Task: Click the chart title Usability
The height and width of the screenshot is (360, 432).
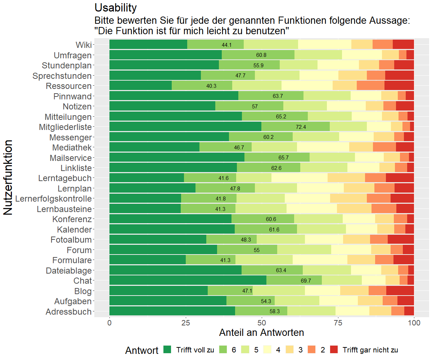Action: [x=115, y=7]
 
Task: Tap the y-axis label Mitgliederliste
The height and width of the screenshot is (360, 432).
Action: [x=65, y=127]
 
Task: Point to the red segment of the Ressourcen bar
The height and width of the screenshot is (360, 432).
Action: [x=399, y=86]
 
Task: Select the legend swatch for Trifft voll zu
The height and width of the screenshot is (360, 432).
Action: [x=167, y=350]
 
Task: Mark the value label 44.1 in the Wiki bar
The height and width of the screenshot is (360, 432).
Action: [x=227, y=45]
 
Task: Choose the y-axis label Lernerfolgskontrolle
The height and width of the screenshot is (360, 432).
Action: [x=54, y=199]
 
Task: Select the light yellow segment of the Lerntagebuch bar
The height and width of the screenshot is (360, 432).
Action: [x=300, y=178]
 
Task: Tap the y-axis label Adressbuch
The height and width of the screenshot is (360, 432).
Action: [x=69, y=312]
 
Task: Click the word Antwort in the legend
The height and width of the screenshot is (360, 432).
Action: [x=141, y=350]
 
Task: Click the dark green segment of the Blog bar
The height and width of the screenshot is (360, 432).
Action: [x=158, y=291]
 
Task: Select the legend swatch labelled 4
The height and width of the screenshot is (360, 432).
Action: [x=267, y=350]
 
